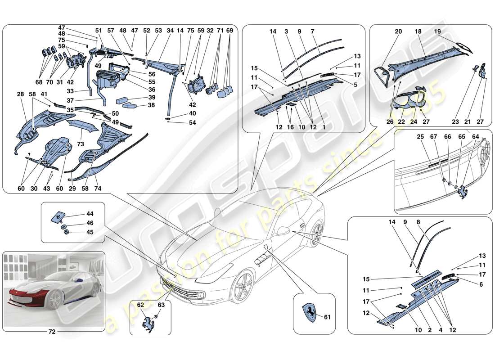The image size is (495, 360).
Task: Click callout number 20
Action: click(x=398, y=31)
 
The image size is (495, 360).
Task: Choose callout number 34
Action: click(x=170, y=31)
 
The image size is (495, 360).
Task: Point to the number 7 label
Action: click(x=324, y=31)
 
